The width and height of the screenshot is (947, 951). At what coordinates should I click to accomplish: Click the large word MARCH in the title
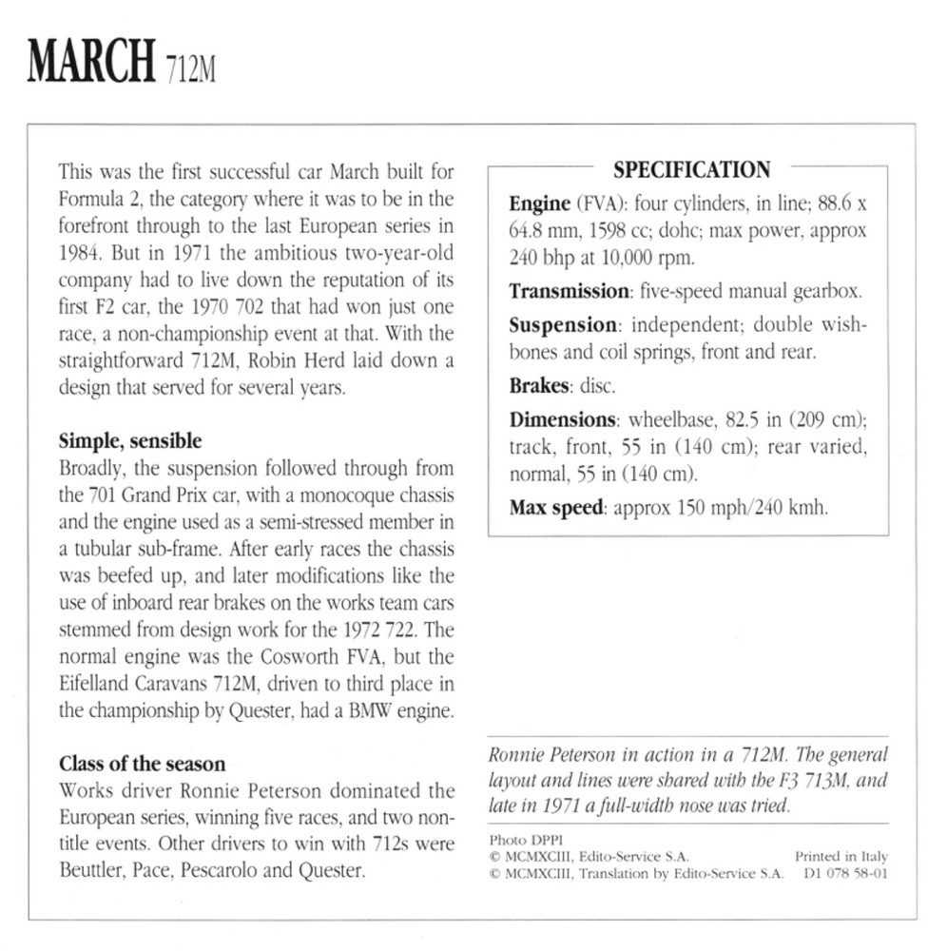click(91, 62)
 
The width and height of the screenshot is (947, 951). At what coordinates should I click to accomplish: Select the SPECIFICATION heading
click(691, 171)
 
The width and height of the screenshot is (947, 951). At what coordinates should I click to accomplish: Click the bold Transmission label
click(569, 292)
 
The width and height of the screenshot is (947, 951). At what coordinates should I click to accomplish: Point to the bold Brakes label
click(539, 387)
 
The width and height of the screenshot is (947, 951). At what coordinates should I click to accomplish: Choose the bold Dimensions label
click(562, 419)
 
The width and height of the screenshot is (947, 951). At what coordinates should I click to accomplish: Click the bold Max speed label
click(555, 507)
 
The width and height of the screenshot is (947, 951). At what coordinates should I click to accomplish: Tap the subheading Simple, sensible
click(130, 441)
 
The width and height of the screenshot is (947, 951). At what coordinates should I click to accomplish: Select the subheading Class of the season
click(143, 763)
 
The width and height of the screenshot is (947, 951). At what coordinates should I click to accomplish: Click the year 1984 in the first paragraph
click(82, 255)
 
